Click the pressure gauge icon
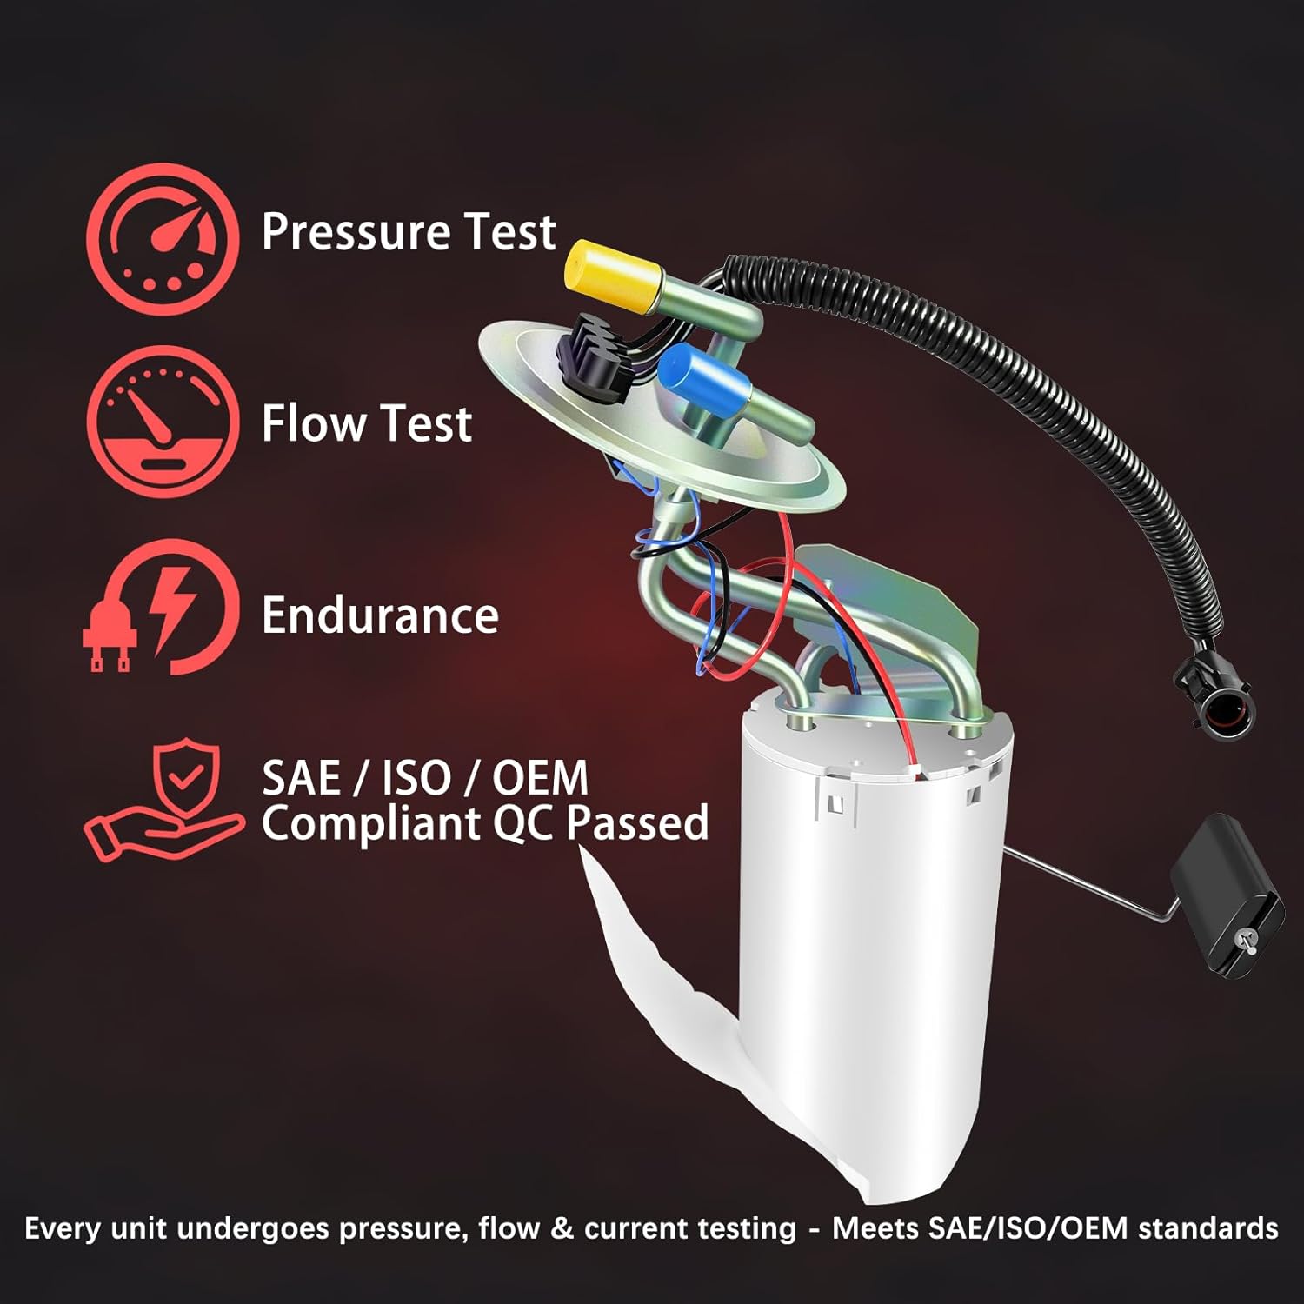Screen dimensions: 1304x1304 163,238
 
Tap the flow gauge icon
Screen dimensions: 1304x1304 163,422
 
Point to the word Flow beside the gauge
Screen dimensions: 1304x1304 314,423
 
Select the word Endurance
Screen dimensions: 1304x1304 380,615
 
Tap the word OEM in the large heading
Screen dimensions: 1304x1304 540,777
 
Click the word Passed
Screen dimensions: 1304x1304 637,822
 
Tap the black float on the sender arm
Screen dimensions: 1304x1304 1226,895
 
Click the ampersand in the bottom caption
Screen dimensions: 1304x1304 562,1228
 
